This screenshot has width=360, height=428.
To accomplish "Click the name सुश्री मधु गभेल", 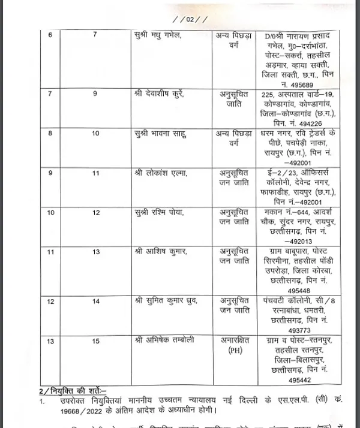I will pyautogui.click(x=158, y=36).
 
